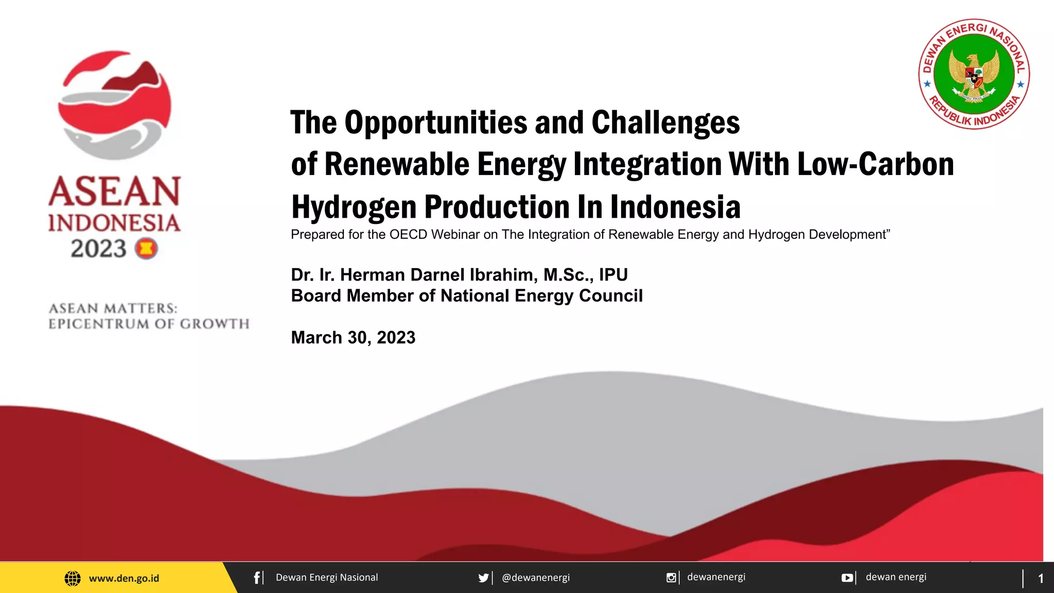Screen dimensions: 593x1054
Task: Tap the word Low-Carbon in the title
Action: point(875,165)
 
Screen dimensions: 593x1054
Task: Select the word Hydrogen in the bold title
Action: point(354,207)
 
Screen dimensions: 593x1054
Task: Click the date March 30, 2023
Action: point(353,338)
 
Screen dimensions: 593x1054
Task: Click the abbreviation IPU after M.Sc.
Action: point(613,275)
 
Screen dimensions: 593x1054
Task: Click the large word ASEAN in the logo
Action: point(115,191)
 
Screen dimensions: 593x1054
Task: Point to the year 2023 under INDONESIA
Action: point(98,249)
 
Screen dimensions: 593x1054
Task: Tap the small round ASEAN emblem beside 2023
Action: point(146,249)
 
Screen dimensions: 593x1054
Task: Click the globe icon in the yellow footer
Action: point(73,578)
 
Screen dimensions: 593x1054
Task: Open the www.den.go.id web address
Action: point(124,578)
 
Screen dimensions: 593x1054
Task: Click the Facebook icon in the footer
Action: point(257,578)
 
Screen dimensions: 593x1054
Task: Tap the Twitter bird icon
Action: point(483,578)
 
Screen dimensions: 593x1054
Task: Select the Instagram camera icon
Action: point(671,578)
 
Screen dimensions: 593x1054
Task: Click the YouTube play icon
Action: point(847,578)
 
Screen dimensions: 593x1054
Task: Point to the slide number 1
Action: point(1040,579)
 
